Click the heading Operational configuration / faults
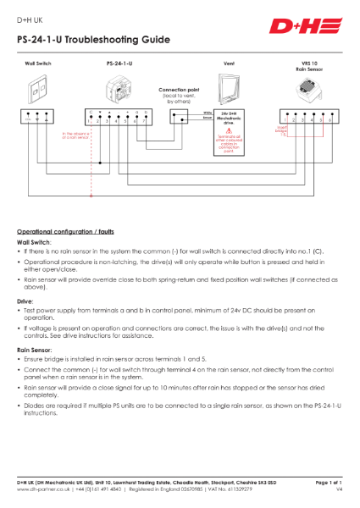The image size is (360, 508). pos(71,231)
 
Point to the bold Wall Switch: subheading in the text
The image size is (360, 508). pos(35,241)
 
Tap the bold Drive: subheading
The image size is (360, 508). pos(26,300)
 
